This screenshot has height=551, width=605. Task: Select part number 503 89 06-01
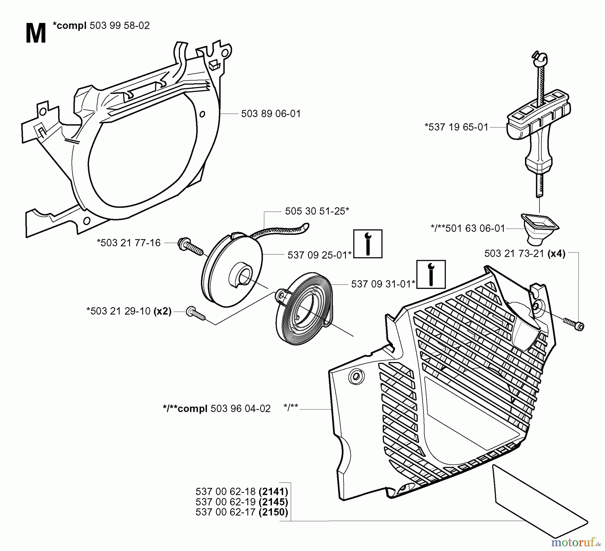(271, 114)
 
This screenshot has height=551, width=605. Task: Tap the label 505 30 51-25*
(317, 211)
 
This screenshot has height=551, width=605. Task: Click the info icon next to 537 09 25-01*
(368, 244)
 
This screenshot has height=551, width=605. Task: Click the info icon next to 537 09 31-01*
(431, 274)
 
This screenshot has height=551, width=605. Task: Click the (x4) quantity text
(557, 253)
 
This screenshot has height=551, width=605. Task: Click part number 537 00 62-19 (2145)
(241, 502)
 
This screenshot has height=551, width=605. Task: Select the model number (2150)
(273, 512)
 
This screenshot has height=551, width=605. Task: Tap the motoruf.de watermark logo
(575, 542)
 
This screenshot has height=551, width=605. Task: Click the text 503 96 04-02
(240, 408)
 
